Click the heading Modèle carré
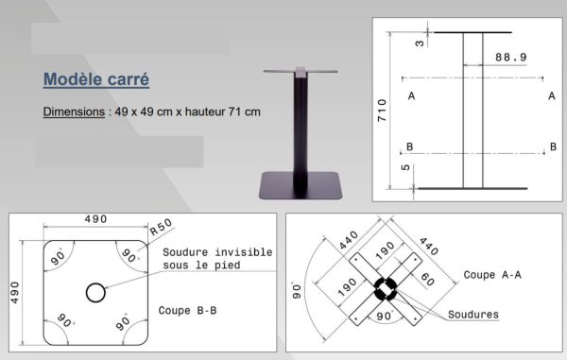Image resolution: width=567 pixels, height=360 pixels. [x=96, y=78]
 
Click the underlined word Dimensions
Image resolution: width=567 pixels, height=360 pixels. [x=74, y=111]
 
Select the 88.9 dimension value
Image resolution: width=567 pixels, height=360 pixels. [x=510, y=59]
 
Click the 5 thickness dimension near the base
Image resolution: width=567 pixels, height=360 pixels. [x=405, y=169]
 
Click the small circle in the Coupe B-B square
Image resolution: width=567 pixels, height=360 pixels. [x=95, y=292]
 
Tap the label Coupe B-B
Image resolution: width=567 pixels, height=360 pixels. [x=189, y=309]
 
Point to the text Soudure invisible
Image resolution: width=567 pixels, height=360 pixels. [x=217, y=252]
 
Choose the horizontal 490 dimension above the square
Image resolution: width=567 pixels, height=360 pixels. [x=94, y=219]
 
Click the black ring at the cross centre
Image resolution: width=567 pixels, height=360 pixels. [x=387, y=287]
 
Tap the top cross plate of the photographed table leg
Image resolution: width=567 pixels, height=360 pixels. [x=300, y=72]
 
